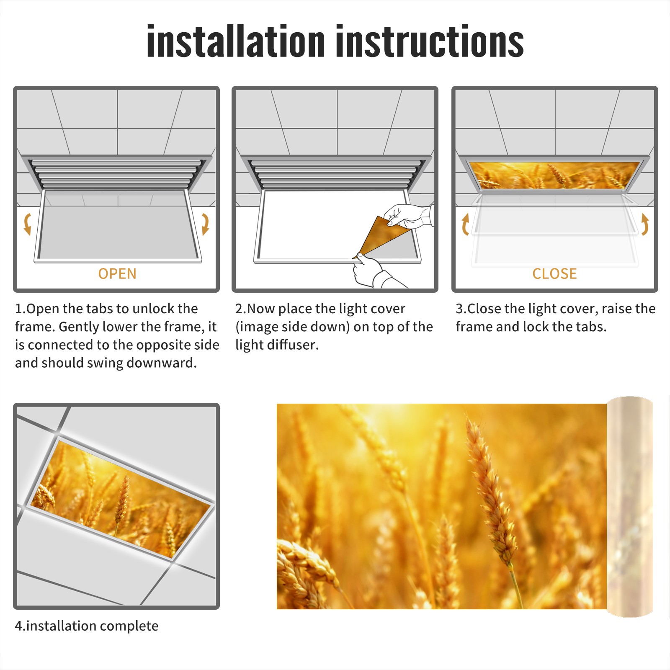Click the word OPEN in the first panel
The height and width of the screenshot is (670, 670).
(x=117, y=274)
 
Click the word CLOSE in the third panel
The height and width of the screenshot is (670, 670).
(x=554, y=274)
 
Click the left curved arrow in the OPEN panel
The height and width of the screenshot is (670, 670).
(x=27, y=224)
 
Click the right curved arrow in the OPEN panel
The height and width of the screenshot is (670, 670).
(x=205, y=224)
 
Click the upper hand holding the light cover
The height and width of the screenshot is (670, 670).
(x=408, y=216)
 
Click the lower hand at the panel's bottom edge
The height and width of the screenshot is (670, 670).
(x=373, y=272)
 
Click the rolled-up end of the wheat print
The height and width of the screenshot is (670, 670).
(x=630, y=507)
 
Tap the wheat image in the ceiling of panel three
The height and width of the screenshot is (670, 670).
(x=554, y=175)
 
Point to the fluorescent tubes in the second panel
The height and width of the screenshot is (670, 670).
(x=335, y=173)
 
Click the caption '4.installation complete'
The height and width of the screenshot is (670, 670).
(x=87, y=626)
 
